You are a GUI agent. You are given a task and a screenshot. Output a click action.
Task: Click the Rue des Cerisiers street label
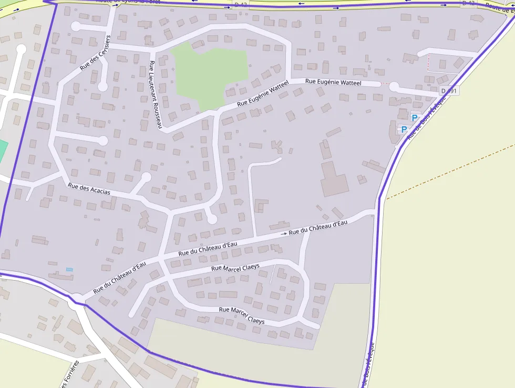click(96, 53)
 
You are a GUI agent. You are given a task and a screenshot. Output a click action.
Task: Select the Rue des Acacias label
click(89, 188)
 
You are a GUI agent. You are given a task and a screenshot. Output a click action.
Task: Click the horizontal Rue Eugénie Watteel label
click(333, 82)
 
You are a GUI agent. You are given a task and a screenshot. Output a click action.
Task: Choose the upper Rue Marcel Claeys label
click(235, 268)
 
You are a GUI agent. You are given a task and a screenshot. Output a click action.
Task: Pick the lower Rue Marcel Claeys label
click(242, 315)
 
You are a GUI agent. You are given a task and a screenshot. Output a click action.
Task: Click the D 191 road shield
click(449, 91)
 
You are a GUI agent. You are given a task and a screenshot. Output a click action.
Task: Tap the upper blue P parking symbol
click(415, 118)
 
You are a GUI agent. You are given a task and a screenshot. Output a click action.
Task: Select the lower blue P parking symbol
click(404, 129)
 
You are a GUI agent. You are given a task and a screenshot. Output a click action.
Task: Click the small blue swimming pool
click(69, 270)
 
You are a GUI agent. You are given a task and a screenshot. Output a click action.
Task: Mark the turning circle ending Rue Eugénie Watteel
click(394, 87)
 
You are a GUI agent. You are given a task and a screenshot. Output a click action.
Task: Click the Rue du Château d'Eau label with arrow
click(317, 227)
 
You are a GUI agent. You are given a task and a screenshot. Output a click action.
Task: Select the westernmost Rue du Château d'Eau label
click(119, 278)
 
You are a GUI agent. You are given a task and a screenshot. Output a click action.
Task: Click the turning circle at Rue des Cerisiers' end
click(103, 86)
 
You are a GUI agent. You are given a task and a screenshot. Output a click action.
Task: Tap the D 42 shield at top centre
click(240, 5)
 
